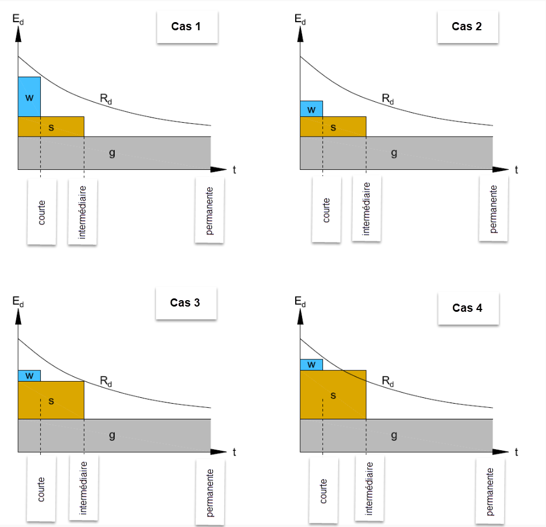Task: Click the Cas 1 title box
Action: pos(186,26)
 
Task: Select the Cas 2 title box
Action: pos(467,26)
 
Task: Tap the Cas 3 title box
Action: pos(185,302)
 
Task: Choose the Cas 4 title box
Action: pos(467,308)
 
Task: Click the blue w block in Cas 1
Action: pos(29,97)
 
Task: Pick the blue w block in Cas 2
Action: pos(311,109)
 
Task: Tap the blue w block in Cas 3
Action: pos(29,375)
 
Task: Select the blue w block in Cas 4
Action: pos(311,365)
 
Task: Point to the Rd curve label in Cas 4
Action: pos(387,382)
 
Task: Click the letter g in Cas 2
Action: pos(394,153)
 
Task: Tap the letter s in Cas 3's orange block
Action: pos(51,400)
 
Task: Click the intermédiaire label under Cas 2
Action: pos(366,208)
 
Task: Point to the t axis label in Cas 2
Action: pos(516,170)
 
